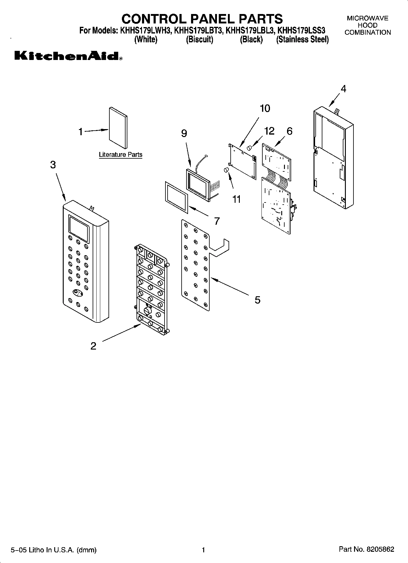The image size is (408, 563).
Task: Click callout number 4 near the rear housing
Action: pyautogui.click(x=343, y=89)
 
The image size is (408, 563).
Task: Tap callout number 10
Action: pyautogui.click(x=265, y=108)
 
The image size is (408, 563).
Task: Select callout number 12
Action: pyautogui.click(x=269, y=131)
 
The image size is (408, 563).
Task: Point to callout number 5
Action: pyautogui.click(x=257, y=300)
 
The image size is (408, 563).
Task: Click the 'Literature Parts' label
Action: pyautogui.click(x=121, y=155)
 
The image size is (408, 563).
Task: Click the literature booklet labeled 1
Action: pyautogui.click(x=118, y=128)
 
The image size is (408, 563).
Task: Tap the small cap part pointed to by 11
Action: pyautogui.click(x=226, y=170)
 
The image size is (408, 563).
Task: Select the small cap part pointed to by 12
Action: pyautogui.click(x=249, y=148)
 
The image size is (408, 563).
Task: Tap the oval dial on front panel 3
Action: pyautogui.click(x=78, y=293)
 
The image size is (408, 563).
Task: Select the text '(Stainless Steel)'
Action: pyautogui.click(x=302, y=40)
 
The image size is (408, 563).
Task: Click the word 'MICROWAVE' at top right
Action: pyautogui.click(x=367, y=18)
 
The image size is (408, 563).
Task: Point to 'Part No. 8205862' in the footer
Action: pyautogui.click(x=366, y=550)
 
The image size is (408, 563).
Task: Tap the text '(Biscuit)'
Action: pyautogui.click(x=200, y=40)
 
